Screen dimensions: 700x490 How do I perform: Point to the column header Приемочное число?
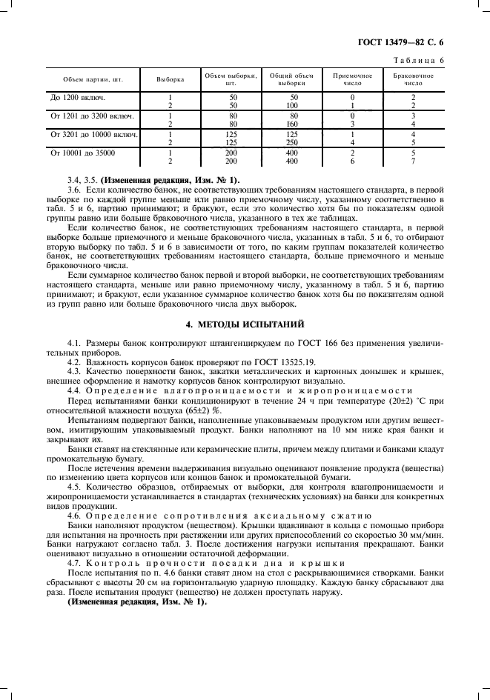coord(352,79)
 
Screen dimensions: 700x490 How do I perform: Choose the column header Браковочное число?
coord(413,79)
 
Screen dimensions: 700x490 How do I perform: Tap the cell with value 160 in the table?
coord(292,124)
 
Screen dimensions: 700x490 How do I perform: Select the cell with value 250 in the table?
coord(292,142)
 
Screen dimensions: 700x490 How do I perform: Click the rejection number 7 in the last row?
coord(413,161)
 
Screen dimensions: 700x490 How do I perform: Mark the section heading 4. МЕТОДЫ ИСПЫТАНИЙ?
coord(244,324)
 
